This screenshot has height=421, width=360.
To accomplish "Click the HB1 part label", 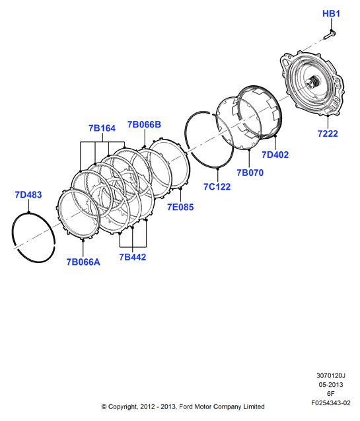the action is click(x=331, y=13).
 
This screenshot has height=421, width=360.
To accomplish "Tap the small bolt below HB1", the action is click(x=330, y=35).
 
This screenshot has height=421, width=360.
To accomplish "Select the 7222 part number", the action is click(x=328, y=134).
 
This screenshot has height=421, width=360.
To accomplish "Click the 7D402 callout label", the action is click(x=275, y=155).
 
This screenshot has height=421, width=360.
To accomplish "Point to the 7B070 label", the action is click(x=250, y=172).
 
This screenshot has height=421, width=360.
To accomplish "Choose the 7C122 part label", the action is click(x=217, y=186).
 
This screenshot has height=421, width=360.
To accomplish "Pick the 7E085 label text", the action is click(x=180, y=207).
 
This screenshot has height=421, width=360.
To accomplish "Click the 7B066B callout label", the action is click(x=144, y=124).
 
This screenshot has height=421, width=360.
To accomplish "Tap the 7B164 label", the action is click(x=102, y=128).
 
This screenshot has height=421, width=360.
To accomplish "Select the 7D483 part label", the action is click(x=28, y=195).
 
